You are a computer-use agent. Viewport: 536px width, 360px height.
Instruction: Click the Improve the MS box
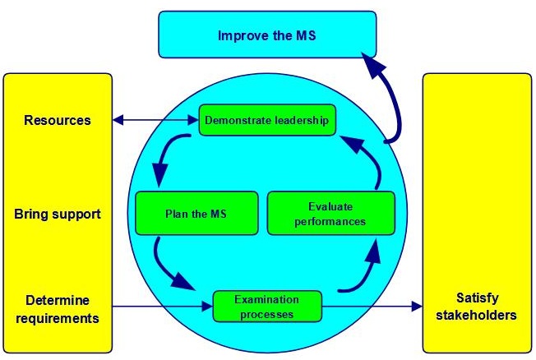(267, 35)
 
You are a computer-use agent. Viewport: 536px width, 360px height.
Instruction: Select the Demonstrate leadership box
(267, 120)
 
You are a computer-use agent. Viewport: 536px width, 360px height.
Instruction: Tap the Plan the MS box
(196, 214)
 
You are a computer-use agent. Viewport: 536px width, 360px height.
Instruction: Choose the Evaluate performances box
(331, 214)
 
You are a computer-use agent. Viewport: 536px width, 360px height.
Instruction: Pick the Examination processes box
(267, 307)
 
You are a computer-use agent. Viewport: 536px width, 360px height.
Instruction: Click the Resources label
(58, 120)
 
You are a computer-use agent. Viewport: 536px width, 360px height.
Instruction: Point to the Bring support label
(58, 215)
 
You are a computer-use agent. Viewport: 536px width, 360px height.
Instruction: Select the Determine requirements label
(58, 309)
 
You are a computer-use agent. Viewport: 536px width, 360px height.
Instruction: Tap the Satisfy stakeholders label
(477, 307)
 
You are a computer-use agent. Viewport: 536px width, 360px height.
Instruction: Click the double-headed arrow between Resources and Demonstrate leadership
(155, 120)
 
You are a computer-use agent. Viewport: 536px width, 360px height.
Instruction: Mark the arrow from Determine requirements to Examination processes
(163, 307)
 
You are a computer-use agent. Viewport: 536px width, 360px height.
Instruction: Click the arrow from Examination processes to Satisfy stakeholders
(372, 307)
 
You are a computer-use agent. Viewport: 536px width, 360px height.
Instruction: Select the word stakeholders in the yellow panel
(477, 316)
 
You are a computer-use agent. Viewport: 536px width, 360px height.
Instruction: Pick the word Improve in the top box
(239, 35)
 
